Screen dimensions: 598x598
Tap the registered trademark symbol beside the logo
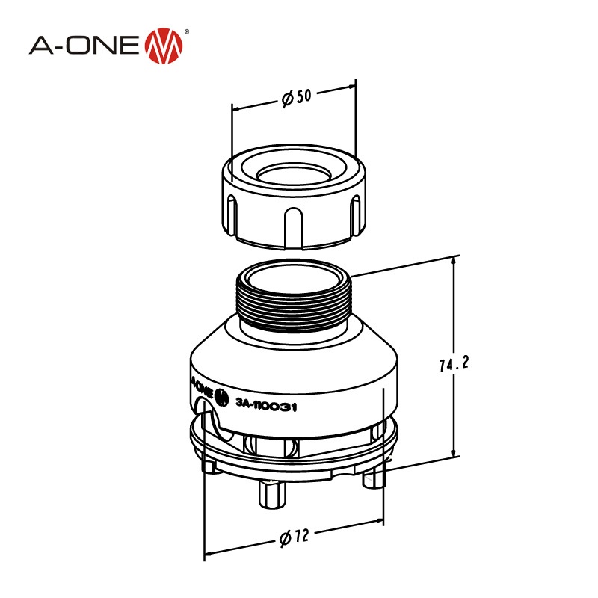pos(186,32)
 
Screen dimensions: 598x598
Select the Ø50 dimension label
pos(296,98)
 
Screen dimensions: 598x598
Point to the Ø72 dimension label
pos(293,537)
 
